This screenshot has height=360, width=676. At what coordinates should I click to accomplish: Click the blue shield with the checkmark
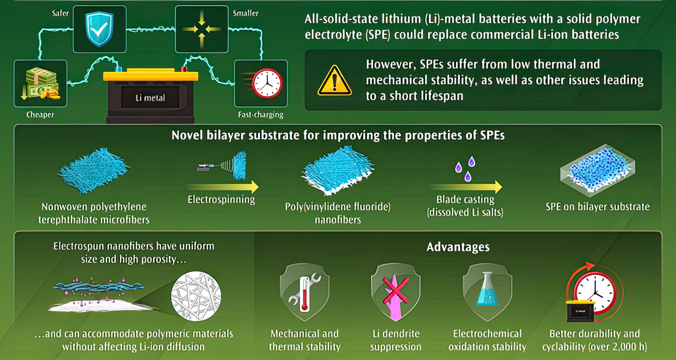coord(99,29)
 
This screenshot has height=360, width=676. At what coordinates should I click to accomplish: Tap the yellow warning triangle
coord(334,81)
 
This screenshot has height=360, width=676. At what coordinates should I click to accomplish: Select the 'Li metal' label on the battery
coord(150,98)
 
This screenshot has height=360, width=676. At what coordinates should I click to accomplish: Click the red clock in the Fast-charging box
coord(267,83)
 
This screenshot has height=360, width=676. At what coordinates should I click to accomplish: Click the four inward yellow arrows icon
coord(202,29)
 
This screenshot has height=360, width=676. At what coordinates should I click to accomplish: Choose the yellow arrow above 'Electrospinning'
coord(222,187)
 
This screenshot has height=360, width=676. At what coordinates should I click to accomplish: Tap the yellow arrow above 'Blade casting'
coord(466,187)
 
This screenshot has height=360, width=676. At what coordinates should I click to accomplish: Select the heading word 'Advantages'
coord(458,247)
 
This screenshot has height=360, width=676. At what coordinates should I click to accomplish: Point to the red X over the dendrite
coord(395,290)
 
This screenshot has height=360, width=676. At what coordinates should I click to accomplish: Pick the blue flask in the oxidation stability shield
coord(487,290)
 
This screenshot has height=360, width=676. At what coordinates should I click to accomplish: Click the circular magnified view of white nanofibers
coord(196,296)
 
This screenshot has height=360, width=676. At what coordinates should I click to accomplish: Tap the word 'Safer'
coord(60,13)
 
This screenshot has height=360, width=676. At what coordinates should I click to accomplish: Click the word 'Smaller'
coord(246,13)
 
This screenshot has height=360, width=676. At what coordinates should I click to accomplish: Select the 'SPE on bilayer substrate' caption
coord(597,207)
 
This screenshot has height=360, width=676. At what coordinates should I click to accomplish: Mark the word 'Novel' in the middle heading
coord(187,135)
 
